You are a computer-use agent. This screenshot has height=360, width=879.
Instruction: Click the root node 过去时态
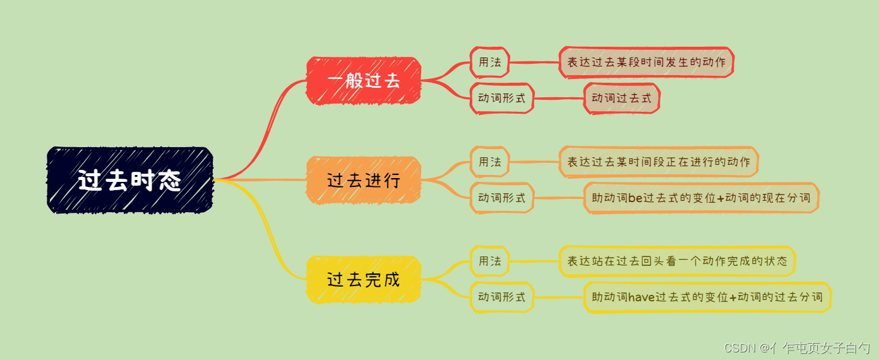coord(130,181)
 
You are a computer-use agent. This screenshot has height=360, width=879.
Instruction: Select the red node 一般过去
coord(364,81)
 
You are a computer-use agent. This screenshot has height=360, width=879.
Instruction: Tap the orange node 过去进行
coord(364,180)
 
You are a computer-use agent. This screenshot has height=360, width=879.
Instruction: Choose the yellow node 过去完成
coord(364,279)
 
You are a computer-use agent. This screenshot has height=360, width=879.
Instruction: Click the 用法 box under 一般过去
coord(489,63)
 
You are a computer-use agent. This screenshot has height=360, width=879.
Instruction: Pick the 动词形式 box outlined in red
coord(502,99)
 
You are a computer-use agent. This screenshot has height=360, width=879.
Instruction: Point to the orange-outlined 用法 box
coord(489,162)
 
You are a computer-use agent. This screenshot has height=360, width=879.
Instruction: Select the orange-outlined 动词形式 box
coord(502,198)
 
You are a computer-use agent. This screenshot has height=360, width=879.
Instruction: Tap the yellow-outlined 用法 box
coord(489,261)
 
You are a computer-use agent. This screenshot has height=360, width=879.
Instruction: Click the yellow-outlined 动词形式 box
coord(502,297)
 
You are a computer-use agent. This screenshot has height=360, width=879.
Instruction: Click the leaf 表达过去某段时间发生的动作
coord(646,63)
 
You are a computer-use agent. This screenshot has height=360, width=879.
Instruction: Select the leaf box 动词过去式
coord(621,99)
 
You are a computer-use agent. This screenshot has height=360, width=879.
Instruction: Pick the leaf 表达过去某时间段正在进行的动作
coord(659,162)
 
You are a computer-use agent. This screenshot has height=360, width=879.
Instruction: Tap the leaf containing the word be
coord(701,198)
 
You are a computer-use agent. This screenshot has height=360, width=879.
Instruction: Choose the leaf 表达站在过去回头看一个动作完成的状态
coord(677,261)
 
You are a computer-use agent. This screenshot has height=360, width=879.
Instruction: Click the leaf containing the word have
coord(707,297)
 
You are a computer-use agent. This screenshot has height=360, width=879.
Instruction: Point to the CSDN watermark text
coord(797,347)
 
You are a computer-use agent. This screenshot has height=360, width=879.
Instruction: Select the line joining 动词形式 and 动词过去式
coord(559,99)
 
